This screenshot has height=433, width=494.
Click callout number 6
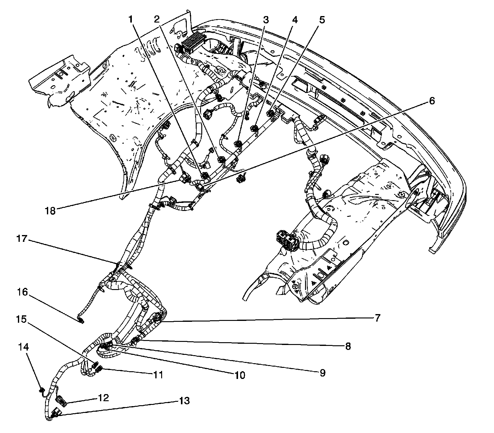point(432,101)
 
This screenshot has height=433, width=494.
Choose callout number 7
point(378,317)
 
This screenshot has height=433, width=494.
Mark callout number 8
point(348,346)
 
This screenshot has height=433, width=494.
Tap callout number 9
point(322,373)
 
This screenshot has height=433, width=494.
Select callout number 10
point(240,375)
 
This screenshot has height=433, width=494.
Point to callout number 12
point(103,397)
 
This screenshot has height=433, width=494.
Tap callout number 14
point(23,347)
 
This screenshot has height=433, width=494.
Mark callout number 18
point(50,211)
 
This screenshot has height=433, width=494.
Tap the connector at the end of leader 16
point(81,322)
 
